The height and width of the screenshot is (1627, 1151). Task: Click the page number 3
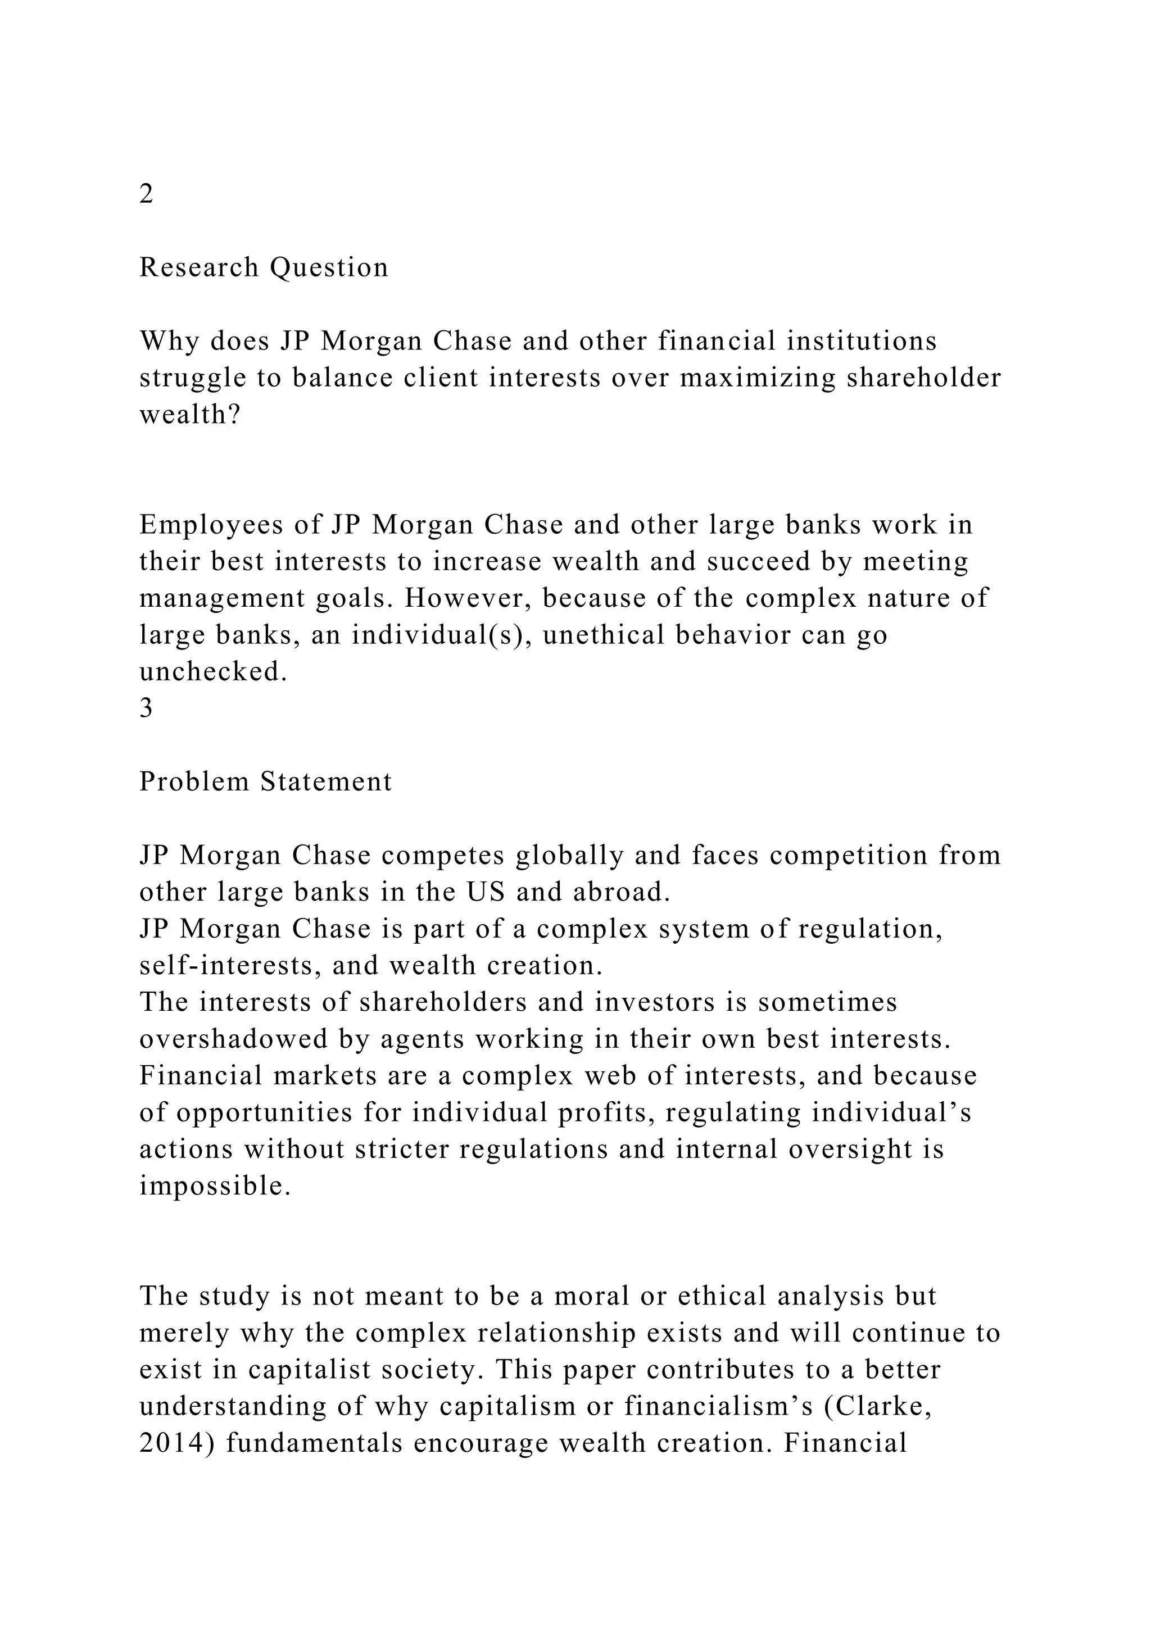(x=146, y=708)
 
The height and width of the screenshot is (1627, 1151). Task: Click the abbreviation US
(x=486, y=893)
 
